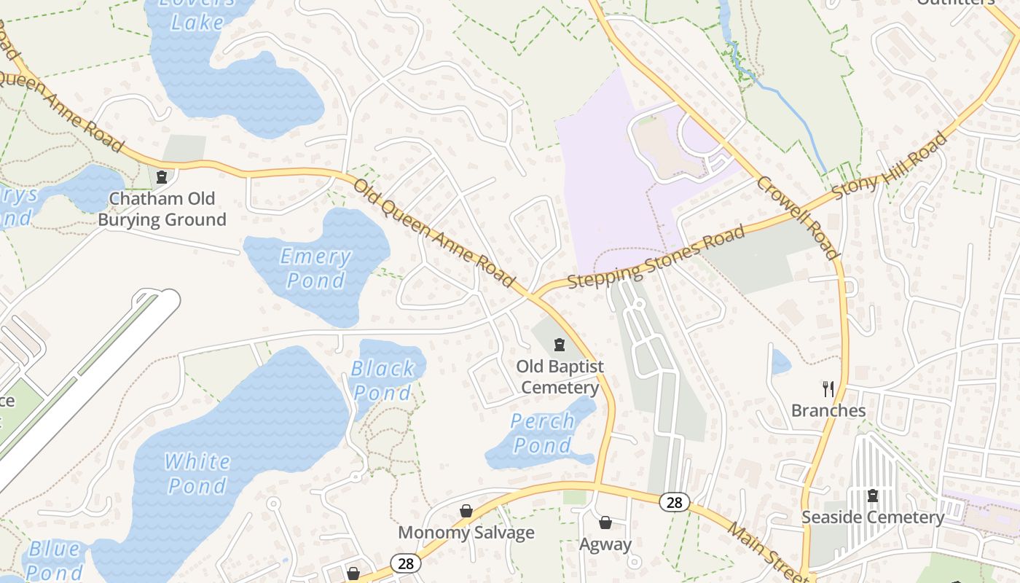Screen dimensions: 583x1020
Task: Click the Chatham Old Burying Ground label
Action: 162,209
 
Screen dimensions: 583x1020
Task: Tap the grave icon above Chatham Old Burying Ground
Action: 162,176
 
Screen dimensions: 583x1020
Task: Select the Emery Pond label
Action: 316,268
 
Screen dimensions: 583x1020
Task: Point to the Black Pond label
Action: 382,380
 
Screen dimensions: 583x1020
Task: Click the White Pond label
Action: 197,473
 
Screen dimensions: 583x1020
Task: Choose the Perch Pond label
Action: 543,433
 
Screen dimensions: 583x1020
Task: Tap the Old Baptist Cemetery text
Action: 560,376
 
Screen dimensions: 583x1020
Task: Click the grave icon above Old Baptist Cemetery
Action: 560,344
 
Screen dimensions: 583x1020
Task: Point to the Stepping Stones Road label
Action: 656,257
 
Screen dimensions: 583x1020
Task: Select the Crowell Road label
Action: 797,216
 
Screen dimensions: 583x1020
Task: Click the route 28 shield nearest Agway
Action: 675,502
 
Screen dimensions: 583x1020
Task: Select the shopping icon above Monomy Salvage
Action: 466,512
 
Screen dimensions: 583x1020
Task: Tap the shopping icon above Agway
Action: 605,523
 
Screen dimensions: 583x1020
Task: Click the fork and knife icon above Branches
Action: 828,388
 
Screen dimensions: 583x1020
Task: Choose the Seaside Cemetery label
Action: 873,517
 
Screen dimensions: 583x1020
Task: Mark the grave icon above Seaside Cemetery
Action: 873,496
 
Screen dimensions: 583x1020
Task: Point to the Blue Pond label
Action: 55,560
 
